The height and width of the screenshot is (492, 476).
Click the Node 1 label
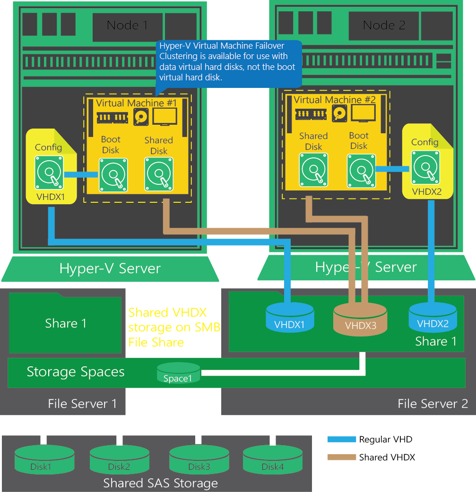127,26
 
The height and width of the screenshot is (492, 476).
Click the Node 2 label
384,26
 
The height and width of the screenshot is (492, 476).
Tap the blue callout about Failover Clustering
228,61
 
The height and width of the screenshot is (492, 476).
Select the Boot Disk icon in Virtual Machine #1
113,175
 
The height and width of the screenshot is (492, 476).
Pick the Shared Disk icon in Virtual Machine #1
159,175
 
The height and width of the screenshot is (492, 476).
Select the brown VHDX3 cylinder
360,319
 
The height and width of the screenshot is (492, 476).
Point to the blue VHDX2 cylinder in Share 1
433,318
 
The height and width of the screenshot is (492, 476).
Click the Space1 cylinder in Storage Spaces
178,373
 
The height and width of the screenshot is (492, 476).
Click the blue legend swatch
342,439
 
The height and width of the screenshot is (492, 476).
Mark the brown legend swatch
342,457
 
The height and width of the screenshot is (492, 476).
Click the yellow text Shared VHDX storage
174,327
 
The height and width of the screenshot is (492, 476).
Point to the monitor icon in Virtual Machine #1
165,116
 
